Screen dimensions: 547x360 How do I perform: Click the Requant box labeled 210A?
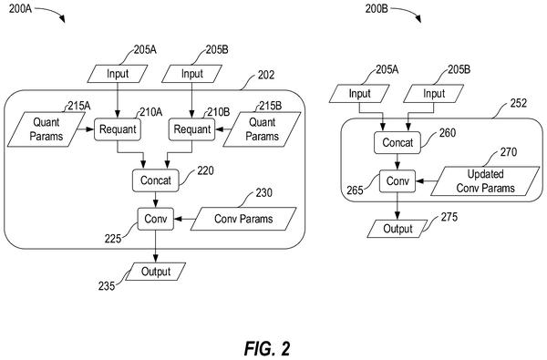click(118, 129)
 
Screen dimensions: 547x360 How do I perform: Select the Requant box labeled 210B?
click(191, 129)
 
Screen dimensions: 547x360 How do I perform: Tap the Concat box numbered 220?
click(156, 180)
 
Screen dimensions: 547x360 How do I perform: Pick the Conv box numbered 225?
click(156, 219)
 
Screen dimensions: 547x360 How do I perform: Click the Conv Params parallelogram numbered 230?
click(243, 219)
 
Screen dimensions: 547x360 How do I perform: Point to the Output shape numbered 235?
click(156, 272)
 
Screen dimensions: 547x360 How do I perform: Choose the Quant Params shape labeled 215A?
click(46, 129)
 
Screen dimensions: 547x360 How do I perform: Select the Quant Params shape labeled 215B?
click(262, 129)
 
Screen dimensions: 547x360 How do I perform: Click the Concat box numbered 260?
click(397, 143)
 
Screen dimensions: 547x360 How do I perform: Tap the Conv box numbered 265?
click(397, 180)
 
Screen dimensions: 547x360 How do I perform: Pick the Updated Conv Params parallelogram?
click(485, 180)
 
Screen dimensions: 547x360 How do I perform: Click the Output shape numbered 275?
click(397, 229)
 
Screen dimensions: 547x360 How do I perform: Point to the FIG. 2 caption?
click(267, 348)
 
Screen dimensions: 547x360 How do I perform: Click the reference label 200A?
click(20, 9)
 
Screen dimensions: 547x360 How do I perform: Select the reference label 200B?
click(377, 9)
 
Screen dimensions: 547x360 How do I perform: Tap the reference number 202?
click(266, 75)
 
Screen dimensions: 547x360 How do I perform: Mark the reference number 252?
click(519, 103)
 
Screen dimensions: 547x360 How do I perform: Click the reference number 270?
click(509, 152)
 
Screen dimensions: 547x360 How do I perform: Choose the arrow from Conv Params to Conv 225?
click(182, 219)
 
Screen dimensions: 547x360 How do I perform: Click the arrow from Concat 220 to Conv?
click(156, 200)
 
